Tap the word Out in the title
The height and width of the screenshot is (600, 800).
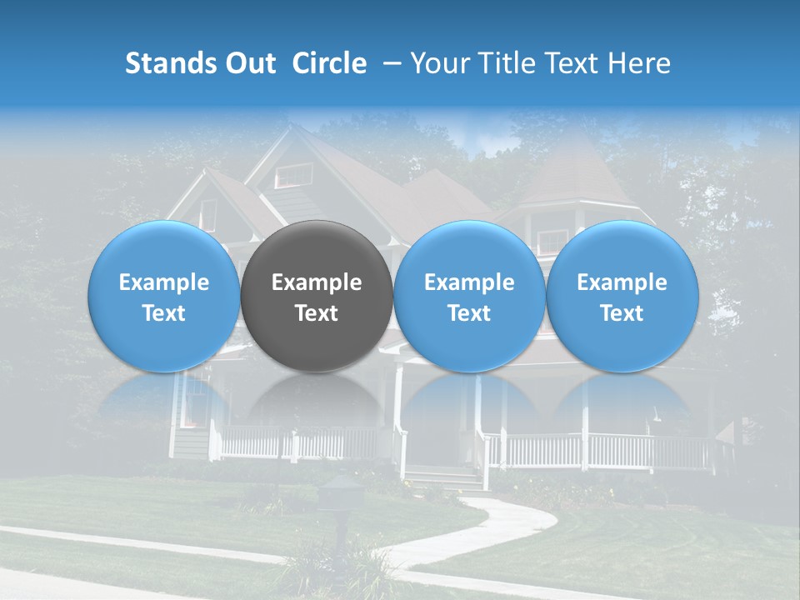[x=251, y=63]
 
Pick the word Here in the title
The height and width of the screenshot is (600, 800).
[x=641, y=63]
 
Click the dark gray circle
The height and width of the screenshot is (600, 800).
[x=317, y=296]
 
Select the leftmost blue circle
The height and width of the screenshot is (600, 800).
[x=164, y=296]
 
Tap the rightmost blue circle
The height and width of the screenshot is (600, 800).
[x=622, y=296]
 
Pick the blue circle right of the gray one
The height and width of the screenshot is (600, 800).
[x=469, y=296]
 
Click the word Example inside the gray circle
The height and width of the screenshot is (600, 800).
[x=317, y=282]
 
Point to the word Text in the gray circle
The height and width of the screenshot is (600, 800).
[x=317, y=313]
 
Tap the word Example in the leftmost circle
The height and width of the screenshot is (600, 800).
[x=164, y=282]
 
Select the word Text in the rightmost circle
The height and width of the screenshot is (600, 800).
[x=622, y=313]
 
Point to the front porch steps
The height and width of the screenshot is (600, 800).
[x=442, y=478]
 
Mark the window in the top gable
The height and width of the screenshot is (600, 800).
[x=293, y=176]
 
